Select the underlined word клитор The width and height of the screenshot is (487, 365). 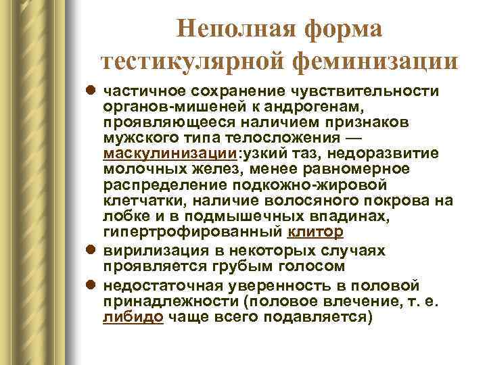[x=315, y=232]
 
